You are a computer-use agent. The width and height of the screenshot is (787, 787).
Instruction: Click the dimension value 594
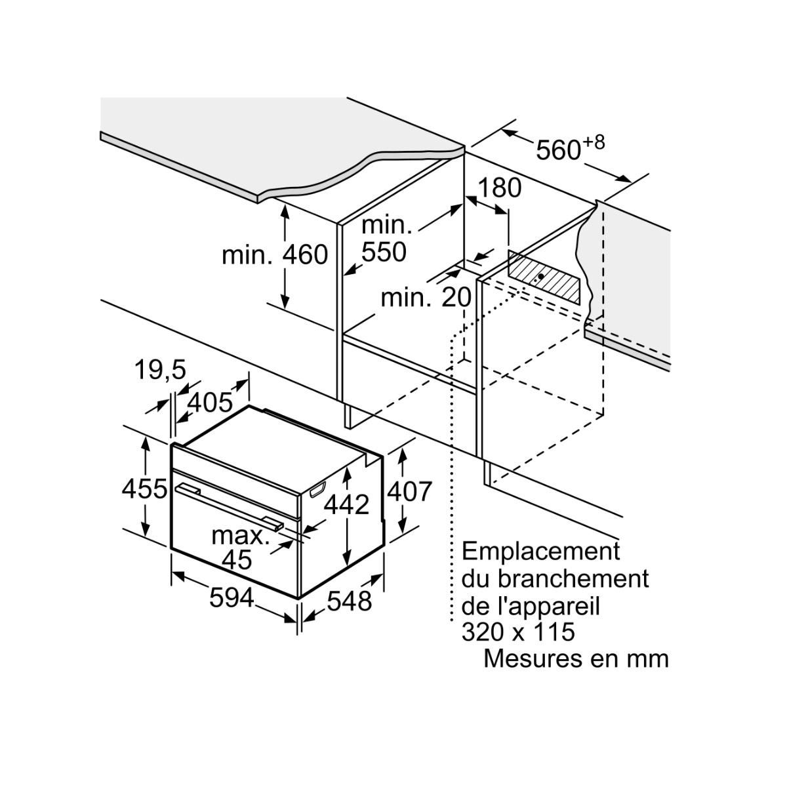[232, 597]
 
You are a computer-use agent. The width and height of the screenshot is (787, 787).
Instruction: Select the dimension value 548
[350, 599]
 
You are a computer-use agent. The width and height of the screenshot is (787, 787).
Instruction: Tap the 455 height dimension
[144, 488]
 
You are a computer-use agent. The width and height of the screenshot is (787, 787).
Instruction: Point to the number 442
[347, 504]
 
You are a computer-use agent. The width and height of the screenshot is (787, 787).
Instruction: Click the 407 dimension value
[410, 491]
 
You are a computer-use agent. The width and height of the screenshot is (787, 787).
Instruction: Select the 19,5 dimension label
[161, 371]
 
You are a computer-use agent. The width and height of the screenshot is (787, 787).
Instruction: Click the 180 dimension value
[498, 188]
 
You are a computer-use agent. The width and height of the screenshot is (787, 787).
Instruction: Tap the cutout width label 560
[558, 150]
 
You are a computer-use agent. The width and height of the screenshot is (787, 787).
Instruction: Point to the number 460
[305, 255]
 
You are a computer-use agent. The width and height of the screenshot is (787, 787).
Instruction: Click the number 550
[384, 252]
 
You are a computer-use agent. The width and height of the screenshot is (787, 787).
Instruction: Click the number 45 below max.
[237, 559]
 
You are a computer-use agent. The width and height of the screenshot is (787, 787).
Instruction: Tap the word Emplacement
[540, 551]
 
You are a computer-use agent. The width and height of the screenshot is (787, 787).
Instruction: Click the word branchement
[574, 579]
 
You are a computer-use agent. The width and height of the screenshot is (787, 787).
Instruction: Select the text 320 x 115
[518, 632]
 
